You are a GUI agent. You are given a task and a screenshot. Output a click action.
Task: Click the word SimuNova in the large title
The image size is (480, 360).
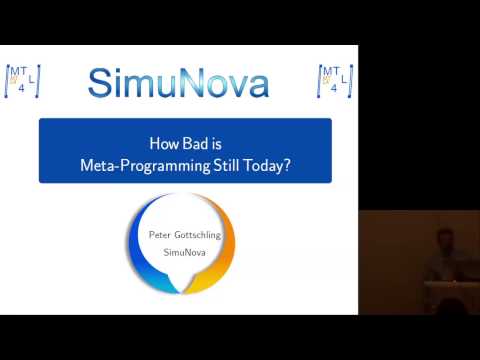178,82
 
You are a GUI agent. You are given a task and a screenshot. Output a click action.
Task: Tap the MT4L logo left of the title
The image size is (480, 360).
22,81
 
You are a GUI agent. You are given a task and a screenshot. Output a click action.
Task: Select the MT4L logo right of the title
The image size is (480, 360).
336,81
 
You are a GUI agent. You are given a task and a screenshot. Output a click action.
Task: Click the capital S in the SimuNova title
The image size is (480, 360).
100,82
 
